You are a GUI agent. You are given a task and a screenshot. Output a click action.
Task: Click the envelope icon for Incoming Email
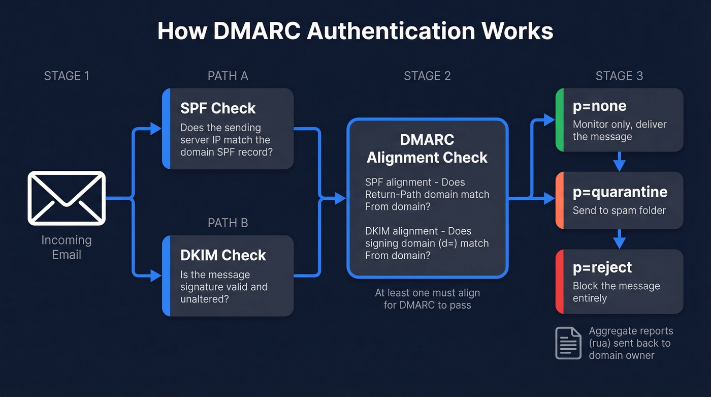point(67,198)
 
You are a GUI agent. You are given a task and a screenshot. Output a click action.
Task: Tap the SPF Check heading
point(218,108)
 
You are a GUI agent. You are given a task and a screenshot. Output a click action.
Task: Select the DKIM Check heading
point(223,255)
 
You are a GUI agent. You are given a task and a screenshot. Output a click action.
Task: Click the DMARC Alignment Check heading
point(427,148)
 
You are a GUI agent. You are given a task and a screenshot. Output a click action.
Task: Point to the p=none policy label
point(599,106)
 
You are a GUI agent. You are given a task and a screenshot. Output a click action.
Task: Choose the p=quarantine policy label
point(620,192)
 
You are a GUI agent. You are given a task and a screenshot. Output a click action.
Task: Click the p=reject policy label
point(602,267)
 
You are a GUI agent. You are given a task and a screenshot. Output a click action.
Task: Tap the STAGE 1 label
point(67,76)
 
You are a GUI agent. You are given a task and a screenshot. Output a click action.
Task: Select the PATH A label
point(228,76)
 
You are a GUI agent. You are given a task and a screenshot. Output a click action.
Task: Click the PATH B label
point(228,223)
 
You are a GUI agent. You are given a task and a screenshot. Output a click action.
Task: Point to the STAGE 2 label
point(427,76)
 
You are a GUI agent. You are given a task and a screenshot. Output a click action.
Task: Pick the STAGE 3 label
point(619,76)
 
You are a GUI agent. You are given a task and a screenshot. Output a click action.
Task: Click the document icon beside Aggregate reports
point(568,343)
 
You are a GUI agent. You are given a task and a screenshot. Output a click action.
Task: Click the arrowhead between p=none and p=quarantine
point(619,165)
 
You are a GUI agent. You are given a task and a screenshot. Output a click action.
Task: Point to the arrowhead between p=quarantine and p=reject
point(619,242)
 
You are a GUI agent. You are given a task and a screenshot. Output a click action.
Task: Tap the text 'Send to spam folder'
point(619,210)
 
